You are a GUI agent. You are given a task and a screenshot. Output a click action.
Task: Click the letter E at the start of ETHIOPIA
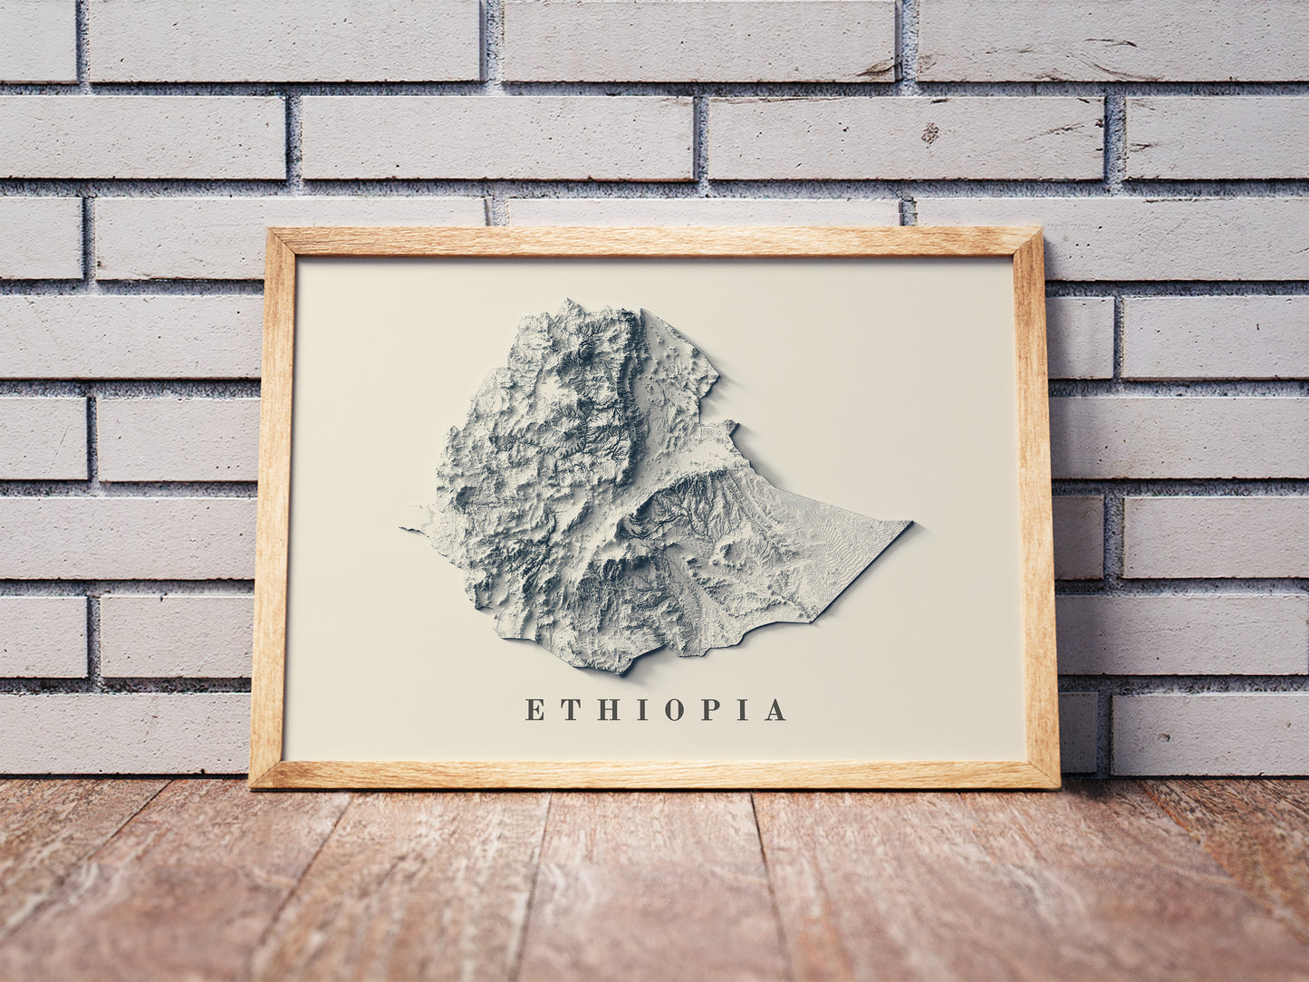(x=534, y=710)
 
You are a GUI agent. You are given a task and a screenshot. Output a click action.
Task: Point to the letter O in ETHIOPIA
(x=675, y=710)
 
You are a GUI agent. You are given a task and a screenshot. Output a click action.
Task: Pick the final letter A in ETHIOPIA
(x=775, y=710)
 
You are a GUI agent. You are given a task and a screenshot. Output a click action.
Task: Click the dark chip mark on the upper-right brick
(x=929, y=134)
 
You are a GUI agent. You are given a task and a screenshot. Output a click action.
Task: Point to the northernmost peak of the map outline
(x=569, y=302)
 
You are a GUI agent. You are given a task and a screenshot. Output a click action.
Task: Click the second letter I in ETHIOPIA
(x=743, y=710)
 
